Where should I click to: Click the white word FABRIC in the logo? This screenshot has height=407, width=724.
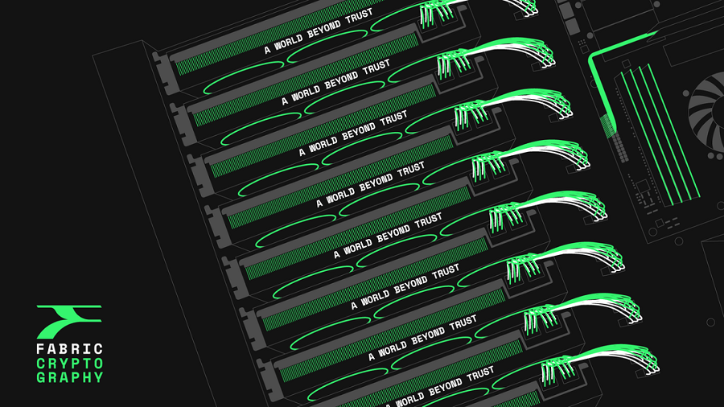(x=70, y=349)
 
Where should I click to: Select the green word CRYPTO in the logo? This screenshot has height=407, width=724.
(x=70, y=363)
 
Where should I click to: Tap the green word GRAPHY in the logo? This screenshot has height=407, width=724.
(x=70, y=377)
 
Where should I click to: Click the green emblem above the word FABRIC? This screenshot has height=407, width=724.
(x=69, y=322)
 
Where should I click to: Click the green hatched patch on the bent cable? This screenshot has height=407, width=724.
(x=608, y=125)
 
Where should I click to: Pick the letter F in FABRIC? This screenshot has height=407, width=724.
(x=41, y=349)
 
